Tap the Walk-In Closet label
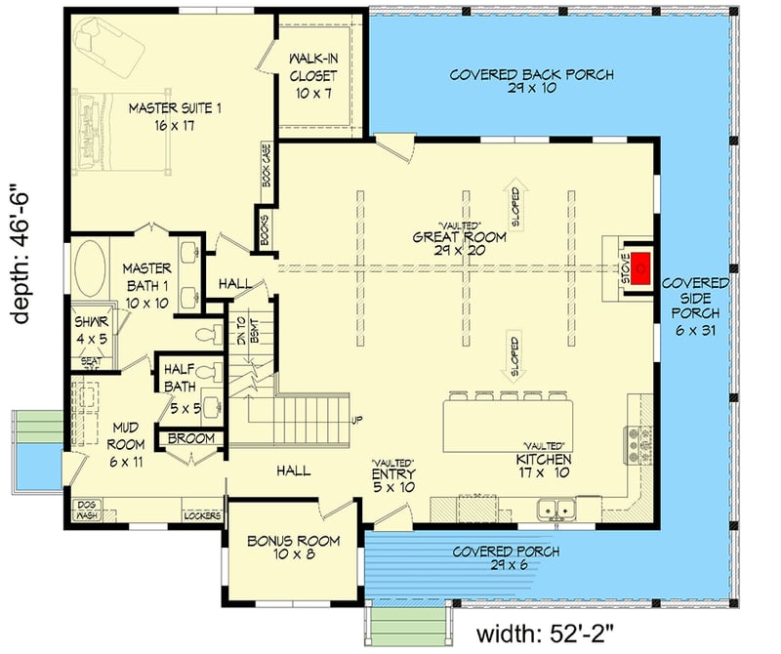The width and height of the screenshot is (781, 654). [313, 76]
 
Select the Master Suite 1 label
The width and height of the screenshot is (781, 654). [176, 116]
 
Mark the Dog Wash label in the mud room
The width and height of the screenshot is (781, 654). [87, 509]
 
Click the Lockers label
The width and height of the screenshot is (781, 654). [202, 513]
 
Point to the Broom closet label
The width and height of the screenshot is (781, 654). [191, 439]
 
